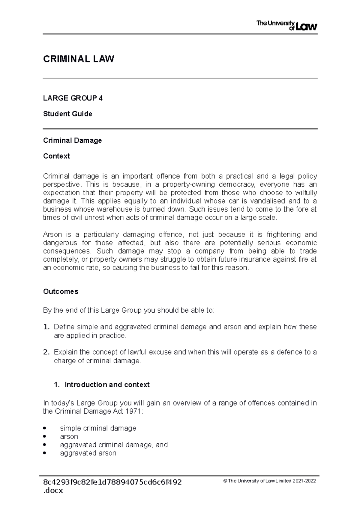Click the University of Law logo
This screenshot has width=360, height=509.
(x=286, y=25)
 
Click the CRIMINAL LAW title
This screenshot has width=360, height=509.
(x=79, y=59)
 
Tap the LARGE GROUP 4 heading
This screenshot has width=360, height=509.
(x=73, y=98)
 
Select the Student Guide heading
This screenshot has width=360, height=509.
(x=67, y=114)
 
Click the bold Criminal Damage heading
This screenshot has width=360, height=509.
(x=72, y=141)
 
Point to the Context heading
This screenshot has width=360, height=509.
(x=56, y=156)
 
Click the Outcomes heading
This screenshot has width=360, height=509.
(x=61, y=292)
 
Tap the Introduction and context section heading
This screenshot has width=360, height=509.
(x=107, y=385)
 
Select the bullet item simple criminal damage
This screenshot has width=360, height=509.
(x=98, y=428)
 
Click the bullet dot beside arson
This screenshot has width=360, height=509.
(x=45, y=436)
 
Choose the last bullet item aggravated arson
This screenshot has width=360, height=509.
(x=88, y=453)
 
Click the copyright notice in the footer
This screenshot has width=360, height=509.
(x=270, y=481)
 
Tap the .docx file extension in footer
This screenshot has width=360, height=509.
(x=53, y=491)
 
